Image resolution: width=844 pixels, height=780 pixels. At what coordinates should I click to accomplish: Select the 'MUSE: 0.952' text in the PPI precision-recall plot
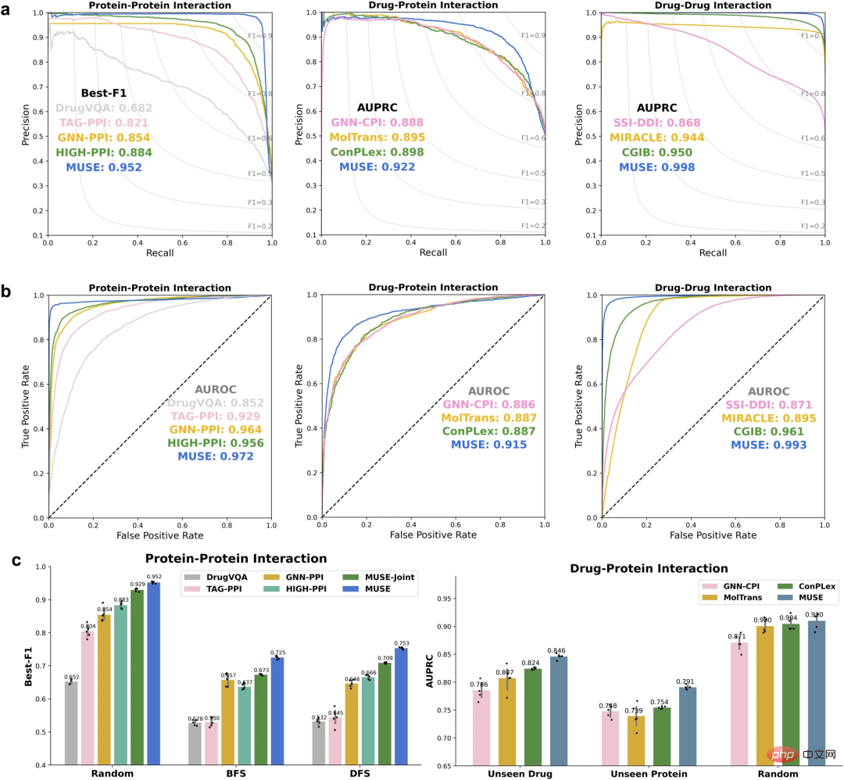point(109,167)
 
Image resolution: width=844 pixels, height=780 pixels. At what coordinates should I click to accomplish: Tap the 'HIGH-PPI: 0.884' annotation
point(104,152)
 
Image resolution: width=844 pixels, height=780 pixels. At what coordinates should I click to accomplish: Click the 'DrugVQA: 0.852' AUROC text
point(216,403)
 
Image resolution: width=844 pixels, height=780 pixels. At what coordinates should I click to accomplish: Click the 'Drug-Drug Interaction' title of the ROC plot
point(713,288)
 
